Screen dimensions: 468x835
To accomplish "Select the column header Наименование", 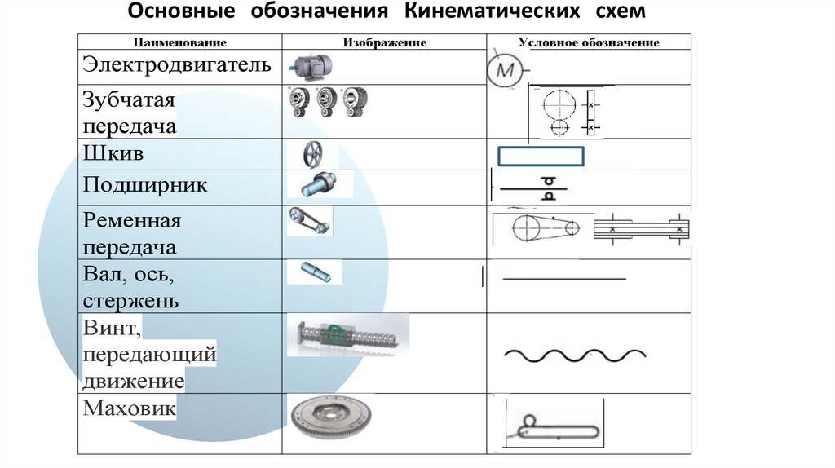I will [x=180, y=42].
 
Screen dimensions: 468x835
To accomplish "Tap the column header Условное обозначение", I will [x=589, y=42].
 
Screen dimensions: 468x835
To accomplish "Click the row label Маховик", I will [x=130, y=407].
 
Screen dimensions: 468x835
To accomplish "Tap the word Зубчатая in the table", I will [x=130, y=100].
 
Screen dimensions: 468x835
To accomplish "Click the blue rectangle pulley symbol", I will [x=541, y=156].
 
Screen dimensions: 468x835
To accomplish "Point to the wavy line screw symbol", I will [x=575, y=355].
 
